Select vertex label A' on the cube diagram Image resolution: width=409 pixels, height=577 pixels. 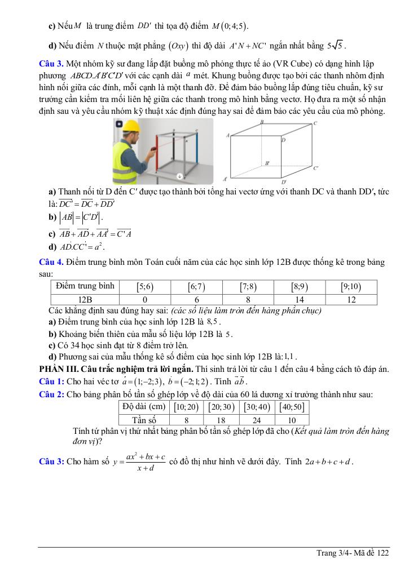click(x=225, y=178)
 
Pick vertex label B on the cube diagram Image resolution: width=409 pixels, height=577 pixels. click(x=262, y=122)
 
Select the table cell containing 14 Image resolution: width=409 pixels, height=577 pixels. click(x=300, y=300)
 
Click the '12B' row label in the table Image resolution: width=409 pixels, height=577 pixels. click(x=85, y=300)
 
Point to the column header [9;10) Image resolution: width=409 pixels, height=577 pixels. click(x=351, y=286)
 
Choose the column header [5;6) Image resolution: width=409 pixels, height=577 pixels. click(x=146, y=286)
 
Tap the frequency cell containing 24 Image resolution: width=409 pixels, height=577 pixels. click(x=257, y=420)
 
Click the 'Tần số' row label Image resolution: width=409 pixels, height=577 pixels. click(x=144, y=420)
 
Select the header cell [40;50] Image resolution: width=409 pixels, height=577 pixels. click(x=292, y=407)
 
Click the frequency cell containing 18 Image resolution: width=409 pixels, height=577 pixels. click(x=221, y=420)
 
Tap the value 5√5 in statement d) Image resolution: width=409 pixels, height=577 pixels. click(x=335, y=46)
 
